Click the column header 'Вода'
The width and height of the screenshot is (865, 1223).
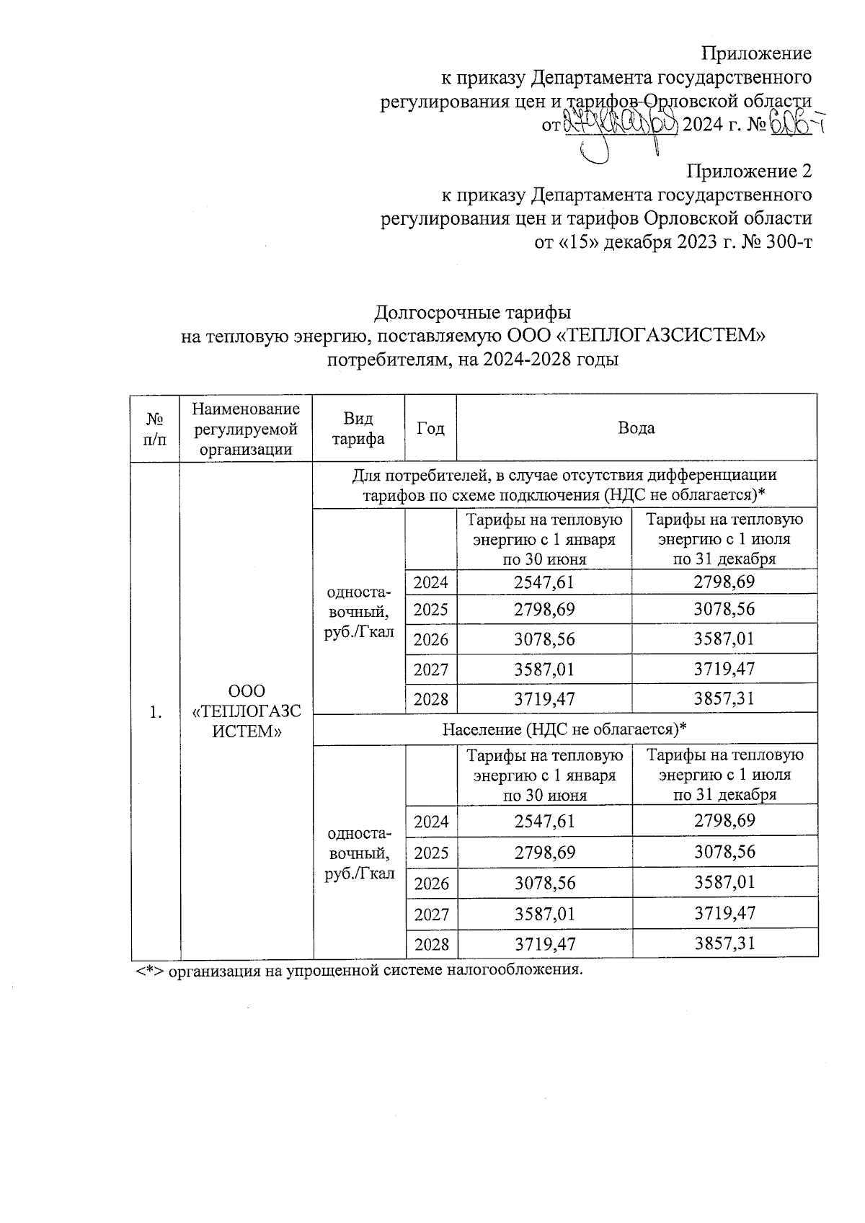[x=636, y=428]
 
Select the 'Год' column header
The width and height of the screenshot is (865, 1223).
[x=430, y=428]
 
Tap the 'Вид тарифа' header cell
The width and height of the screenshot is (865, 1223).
[x=358, y=429]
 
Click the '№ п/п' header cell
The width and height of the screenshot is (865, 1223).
[x=155, y=428]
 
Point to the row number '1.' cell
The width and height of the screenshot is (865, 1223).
[x=155, y=712]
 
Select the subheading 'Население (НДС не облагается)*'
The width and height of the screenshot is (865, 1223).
[x=564, y=729]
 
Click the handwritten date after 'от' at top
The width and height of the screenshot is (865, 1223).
[x=619, y=125]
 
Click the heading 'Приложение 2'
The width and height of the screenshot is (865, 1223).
[x=749, y=172]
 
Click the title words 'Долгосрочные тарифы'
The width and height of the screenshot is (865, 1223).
[x=473, y=313]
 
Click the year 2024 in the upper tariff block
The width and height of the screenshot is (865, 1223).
[x=430, y=582]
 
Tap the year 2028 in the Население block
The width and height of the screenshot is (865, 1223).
[x=431, y=944]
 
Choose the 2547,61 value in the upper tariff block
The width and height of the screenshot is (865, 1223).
[x=544, y=582]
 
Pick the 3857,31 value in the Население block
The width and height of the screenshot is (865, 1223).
[x=724, y=943]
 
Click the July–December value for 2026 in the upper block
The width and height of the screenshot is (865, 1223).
[x=724, y=639]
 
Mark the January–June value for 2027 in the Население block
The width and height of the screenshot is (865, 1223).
[x=544, y=914]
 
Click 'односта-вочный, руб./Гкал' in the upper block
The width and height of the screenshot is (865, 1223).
[x=359, y=612]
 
